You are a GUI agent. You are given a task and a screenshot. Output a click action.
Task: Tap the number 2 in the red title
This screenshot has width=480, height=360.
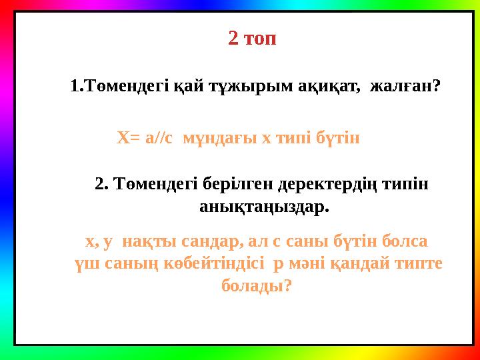(233, 38)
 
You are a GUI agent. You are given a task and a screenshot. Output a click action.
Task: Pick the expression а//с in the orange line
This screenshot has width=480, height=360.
(159, 138)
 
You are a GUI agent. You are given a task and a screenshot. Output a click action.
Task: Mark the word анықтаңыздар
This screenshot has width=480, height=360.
(264, 207)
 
